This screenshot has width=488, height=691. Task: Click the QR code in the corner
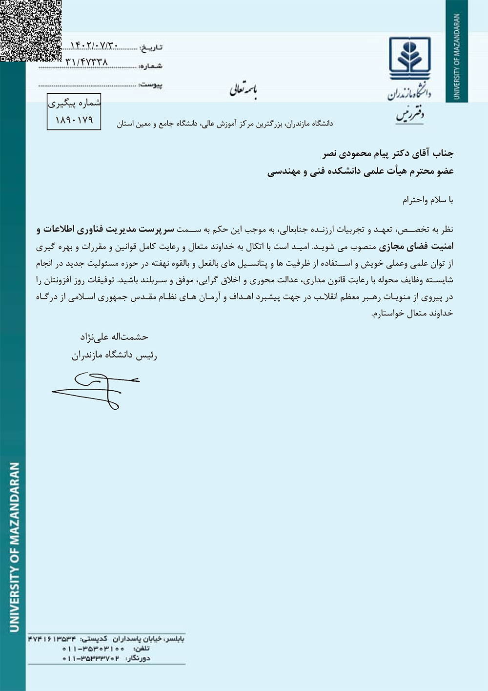(x=30, y=30)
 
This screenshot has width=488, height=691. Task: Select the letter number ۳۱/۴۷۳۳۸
(x=86, y=62)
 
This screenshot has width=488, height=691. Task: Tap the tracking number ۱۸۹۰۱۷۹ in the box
(x=74, y=120)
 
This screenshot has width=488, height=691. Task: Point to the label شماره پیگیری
(x=74, y=103)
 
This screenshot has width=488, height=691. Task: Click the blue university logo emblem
(x=409, y=57)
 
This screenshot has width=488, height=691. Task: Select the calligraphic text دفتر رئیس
(x=410, y=115)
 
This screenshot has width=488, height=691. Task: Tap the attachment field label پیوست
(x=151, y=85)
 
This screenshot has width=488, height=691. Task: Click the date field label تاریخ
(x=151, y=48)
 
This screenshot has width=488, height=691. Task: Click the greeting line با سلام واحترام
(x=428, y=200)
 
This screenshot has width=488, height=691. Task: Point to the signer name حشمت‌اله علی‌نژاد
(x=114, y=337)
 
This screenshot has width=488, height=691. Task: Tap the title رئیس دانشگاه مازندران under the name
(x=115, y=355)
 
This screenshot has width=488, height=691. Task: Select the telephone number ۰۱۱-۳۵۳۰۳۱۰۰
(x=93, y=649)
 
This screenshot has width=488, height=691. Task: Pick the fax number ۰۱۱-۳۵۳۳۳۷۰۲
(x=91, y=658)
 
